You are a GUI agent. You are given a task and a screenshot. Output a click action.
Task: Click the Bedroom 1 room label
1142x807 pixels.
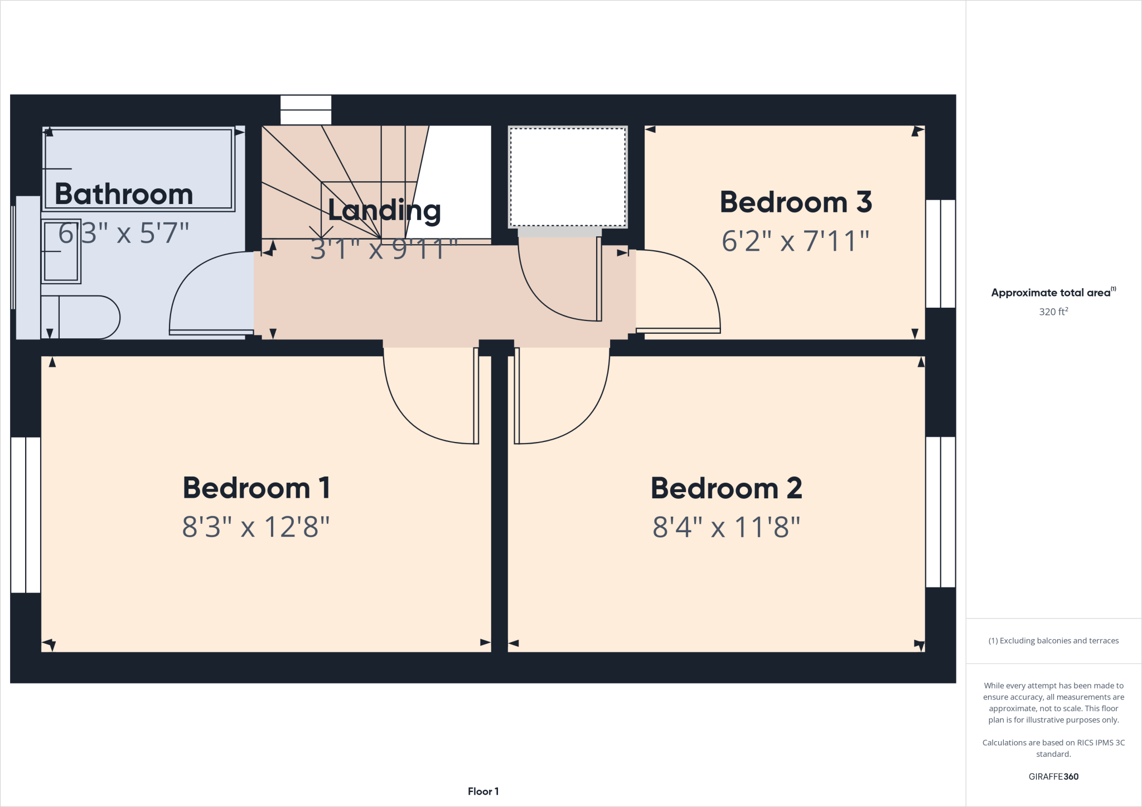tap(257, 488)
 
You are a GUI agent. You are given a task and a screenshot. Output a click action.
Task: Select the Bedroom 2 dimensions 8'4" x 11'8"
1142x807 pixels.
tap(726, 527)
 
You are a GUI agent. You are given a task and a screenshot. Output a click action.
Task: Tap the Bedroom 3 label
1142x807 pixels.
tap(796, 202)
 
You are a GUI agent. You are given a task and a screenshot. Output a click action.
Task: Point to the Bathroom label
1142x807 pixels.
tap(124, 194)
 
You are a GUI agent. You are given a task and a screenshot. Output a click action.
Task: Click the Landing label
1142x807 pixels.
tap(384, 211)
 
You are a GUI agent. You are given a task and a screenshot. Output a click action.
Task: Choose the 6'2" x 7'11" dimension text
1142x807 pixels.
tap(795, 241)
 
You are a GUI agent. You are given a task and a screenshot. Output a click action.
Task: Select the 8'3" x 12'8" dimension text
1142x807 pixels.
tap(256, 527)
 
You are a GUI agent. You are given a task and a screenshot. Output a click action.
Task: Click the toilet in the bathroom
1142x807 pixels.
tap(84, 317)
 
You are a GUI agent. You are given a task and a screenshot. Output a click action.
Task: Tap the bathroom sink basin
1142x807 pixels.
tap(61, 251)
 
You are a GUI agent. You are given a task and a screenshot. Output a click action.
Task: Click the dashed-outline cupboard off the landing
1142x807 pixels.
tap(568, 177)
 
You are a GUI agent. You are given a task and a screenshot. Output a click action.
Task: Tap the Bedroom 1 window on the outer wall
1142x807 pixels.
tap(26, 514)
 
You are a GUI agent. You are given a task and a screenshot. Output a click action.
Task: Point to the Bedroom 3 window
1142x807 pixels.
tap(941, 254)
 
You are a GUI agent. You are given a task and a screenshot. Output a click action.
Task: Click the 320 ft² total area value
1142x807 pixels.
tap(1053, 312)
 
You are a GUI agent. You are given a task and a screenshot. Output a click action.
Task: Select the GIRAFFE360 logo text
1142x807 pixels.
tap(1053, 776)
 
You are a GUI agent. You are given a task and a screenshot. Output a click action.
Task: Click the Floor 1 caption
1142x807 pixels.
tap(483, 791)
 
